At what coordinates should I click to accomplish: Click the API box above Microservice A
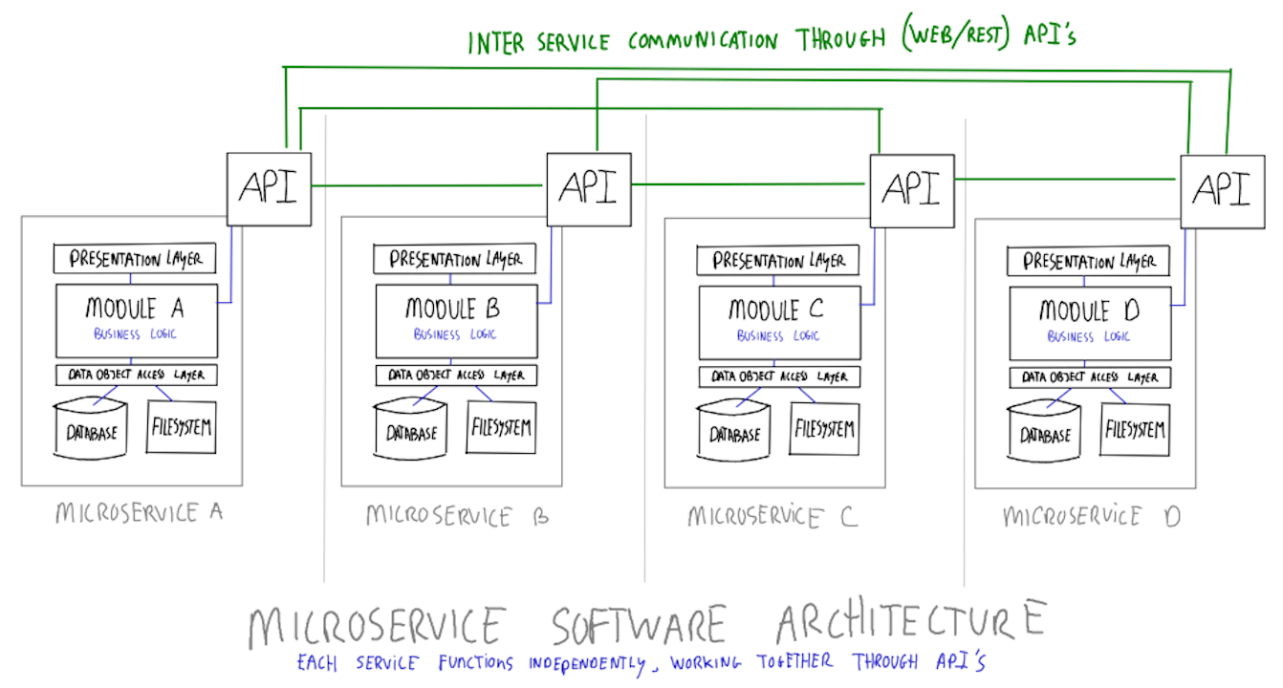(269, 188)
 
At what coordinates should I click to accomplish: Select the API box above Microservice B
(588, 188)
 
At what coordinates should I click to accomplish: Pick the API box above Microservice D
(1221, 191)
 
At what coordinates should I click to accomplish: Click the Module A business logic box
(136, 319)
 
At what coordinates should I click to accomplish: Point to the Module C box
(778, 321)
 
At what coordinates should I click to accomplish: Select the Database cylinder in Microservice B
(411, 430)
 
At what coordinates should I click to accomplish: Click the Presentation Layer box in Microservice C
(777, 261)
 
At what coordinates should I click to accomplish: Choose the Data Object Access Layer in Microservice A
(136, 376)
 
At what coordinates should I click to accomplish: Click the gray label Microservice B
(457, 517)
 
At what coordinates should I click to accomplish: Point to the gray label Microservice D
(1091, 517)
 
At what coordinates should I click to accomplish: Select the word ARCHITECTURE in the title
(910, 623)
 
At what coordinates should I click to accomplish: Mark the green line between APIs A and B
(427, 185)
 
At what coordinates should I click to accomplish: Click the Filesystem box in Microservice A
(181, 426)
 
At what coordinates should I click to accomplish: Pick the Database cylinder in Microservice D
(1046, 432)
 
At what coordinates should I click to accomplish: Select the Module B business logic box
(455, 319)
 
